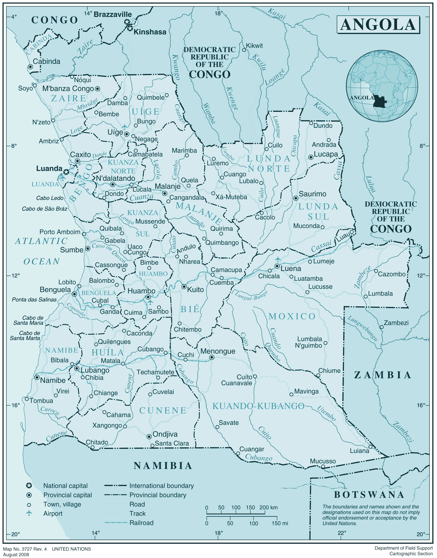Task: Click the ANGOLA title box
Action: coord(378,25)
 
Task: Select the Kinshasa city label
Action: coord(150,32)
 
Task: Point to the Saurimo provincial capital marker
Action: coord(296,198)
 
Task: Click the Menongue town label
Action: coord(218,351)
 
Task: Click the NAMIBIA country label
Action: coord(163,466)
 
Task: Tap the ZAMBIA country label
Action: coord(383,375)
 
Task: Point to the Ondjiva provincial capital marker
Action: coord(149,436)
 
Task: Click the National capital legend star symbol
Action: coord(29,486)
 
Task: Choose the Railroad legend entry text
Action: coord(141,523)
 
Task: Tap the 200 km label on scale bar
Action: coord(268,508)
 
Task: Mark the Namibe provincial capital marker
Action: coord(37,377)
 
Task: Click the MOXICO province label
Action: coord(292,316)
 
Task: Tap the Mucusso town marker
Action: coord(323,466)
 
